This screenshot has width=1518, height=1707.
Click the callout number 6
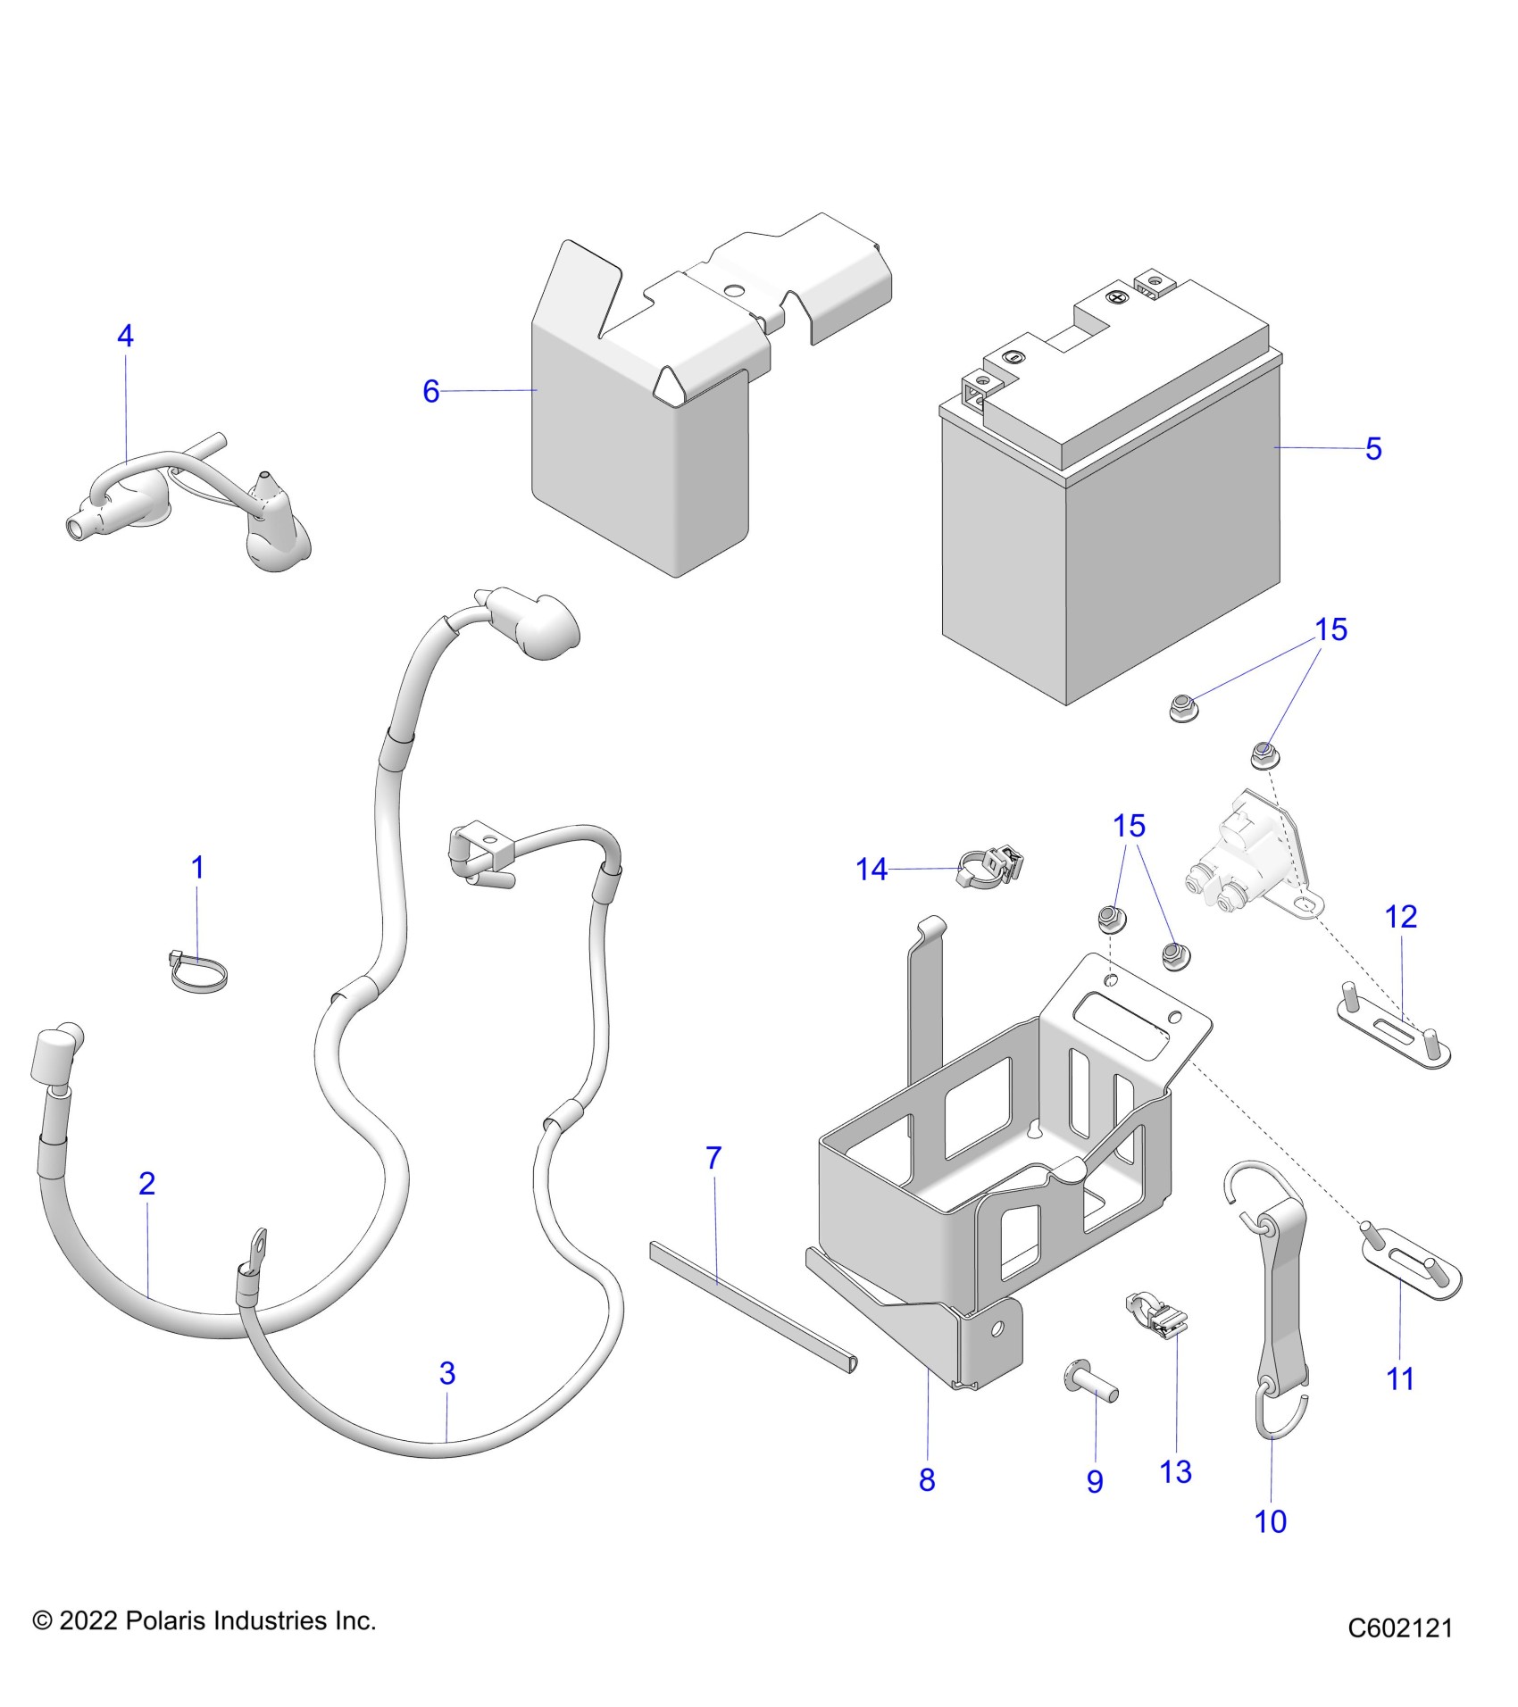point(430,391)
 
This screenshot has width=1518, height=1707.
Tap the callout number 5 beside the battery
point(1373,448)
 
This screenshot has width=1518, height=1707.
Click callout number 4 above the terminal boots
point(125,337)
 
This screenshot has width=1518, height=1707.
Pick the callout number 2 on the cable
point(147,1183)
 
